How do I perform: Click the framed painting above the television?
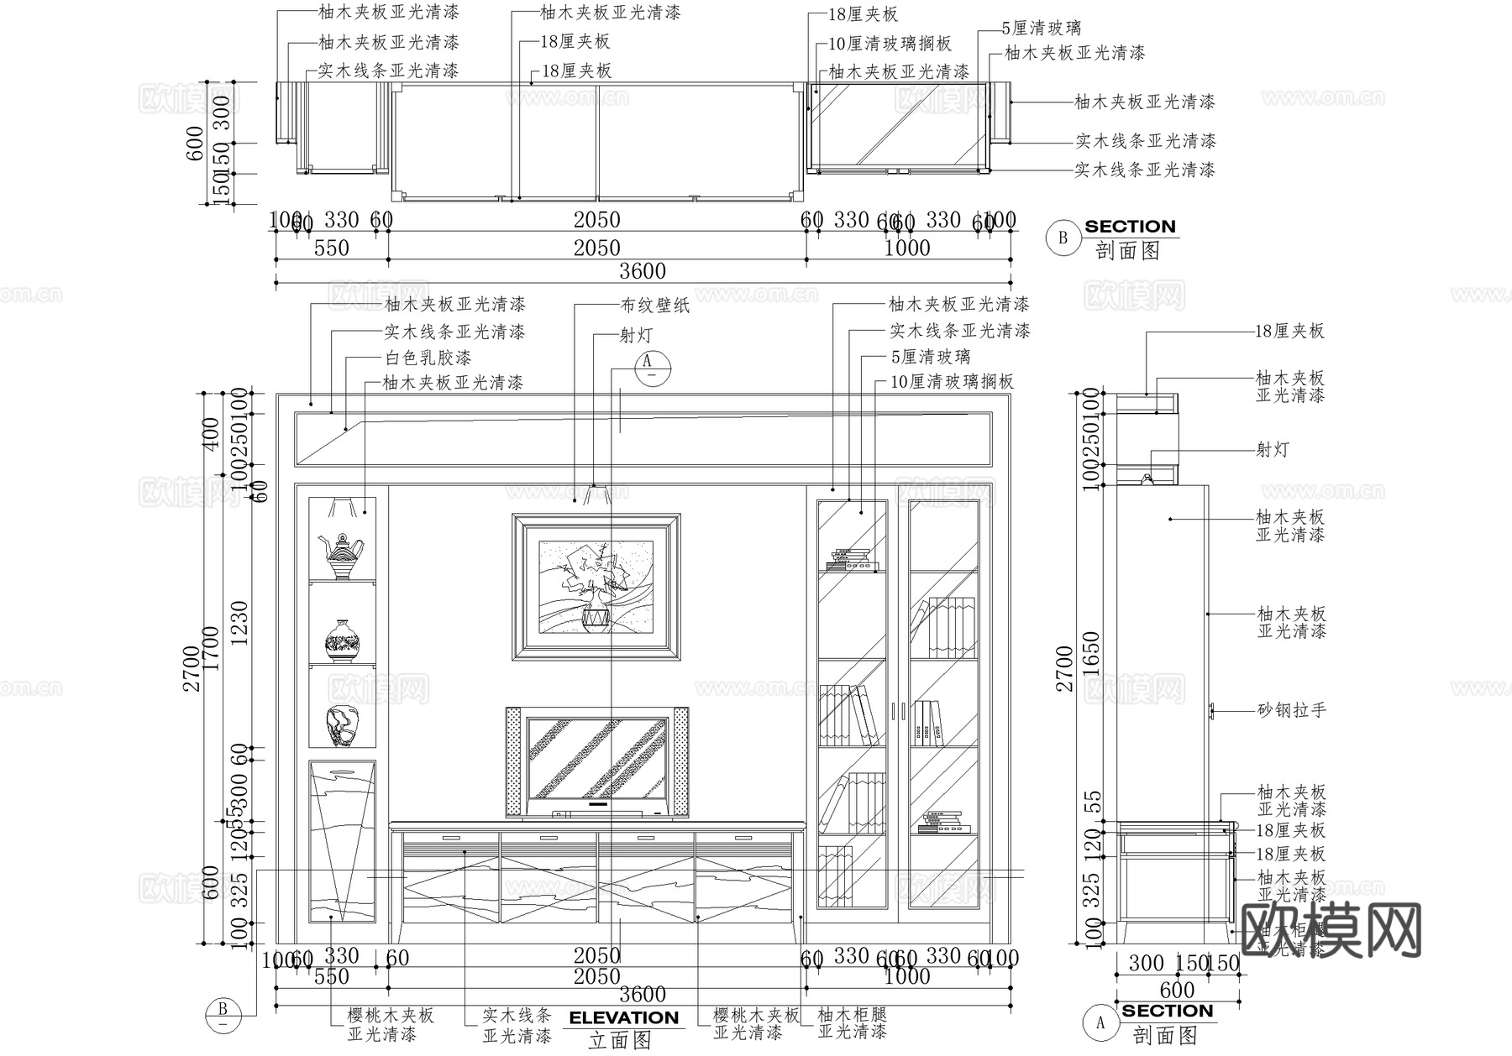pyautogui.click(x=596, y=587)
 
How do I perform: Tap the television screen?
pyautogui.click(x=596, y=757)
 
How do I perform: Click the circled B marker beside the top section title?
pyautogui.click(x=1063, y=238)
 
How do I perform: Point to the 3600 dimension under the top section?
pyautogui.click(x=643, y=271)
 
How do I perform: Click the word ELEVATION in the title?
pyautogui.click(x=623, y=1017)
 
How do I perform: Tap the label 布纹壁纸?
pyautogui.click(x=655, y=306)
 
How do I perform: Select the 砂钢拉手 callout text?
pyautogui.click(x=1291, y=711)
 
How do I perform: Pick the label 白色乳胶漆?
pyautogui.click(x=428, y=358)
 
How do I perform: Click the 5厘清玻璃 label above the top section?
pyautogui.click(x=1042, y=29)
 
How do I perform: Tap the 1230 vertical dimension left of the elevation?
pyautogui.click(x=240, y=622)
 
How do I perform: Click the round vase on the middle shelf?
pyautogui.click(x=342, y=641)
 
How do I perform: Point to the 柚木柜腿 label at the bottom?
pyautogui.click(x=852, y=1014)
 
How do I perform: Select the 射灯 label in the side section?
pyautogui.click(x=1272, y=450)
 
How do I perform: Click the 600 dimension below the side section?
pyautogui.click(x=1177, y=991)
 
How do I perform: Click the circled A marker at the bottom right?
pyautogui.click(x=1100, y=1022)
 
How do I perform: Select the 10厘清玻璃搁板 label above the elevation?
pyautogui.click(x=952, y=382)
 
